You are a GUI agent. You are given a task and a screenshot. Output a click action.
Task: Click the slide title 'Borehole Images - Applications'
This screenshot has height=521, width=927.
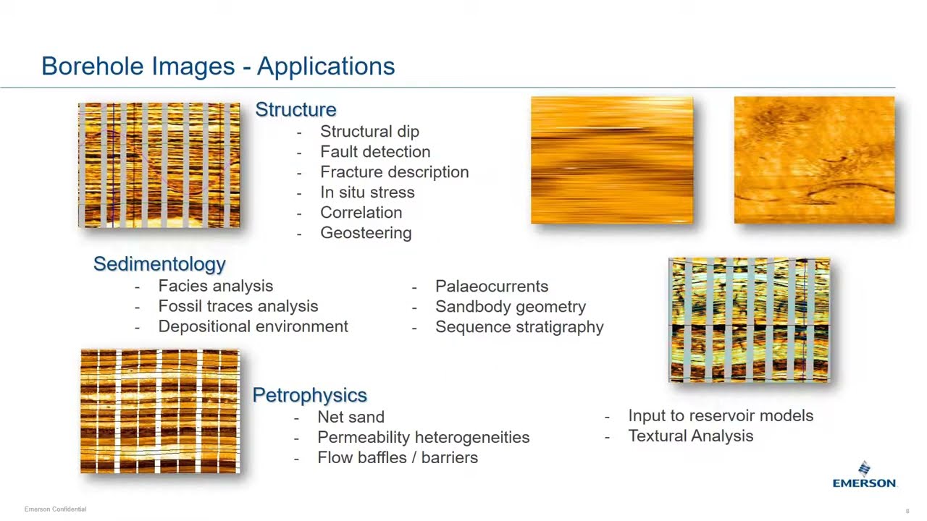[x=218, y=66]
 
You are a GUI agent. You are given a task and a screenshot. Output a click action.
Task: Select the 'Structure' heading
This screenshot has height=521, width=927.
[x=295, y=109]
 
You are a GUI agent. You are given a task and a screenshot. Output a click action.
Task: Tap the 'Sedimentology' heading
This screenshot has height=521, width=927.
[x=159, y=264]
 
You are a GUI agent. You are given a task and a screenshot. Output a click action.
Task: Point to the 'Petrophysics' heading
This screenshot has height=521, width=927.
[x=309, y=395]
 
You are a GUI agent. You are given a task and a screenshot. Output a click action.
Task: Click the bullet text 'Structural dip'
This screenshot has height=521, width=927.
[x=369, y=132]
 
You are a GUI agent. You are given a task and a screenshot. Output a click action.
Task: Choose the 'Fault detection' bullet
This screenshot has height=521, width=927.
[x=375, y=152]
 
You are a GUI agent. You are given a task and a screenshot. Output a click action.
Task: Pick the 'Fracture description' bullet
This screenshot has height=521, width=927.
[x=394, y=172]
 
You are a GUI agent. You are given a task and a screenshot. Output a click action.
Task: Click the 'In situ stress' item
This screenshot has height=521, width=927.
[x=367, y=192]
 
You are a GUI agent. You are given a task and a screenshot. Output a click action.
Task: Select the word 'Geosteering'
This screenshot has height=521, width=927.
[x=366, y=233]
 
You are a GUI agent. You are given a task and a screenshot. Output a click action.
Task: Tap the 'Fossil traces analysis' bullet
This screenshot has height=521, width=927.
[x=238, y=307]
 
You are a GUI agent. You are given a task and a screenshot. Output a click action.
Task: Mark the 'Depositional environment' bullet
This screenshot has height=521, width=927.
[x=253, y=327]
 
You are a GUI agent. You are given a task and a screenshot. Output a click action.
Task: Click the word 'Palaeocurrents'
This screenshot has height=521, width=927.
[x=491, y=287]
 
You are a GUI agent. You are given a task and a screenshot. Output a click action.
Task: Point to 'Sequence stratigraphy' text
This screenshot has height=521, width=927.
[x=519, y=327]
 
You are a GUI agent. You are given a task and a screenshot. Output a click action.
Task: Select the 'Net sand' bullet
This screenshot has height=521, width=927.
[x=351, y=418]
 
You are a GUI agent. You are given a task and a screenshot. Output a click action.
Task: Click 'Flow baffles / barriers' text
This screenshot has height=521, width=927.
[x=397, y=458]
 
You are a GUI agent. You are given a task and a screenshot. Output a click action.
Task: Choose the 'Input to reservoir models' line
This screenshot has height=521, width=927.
[x=721, y=416]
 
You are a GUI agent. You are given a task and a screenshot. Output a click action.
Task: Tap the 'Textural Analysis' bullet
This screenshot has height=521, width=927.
[x=690, y=436]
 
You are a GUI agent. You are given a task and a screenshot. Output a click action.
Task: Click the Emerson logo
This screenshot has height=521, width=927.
[x=864, y=475]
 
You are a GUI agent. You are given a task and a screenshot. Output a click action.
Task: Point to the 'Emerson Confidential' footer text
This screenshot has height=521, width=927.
[x=55, y=509]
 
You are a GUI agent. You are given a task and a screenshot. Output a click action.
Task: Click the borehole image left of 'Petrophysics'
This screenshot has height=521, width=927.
[x=159, y=411]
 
